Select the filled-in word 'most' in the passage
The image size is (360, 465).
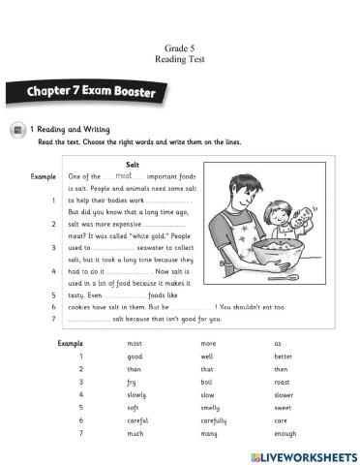(x=123, y=176)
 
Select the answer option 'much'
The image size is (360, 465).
(x=135, y=435)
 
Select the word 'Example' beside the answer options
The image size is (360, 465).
(x=71, y=343)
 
